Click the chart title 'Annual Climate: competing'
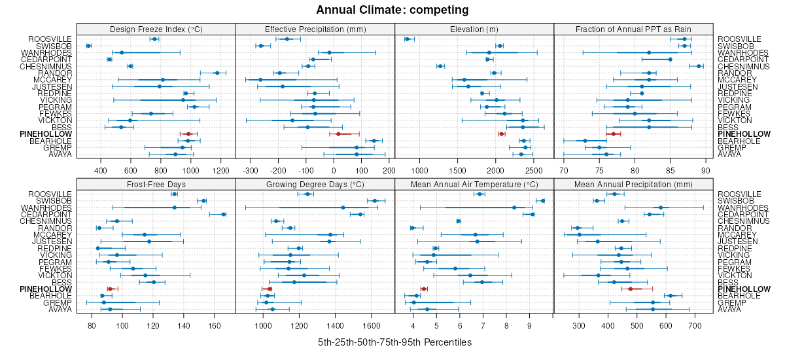392,10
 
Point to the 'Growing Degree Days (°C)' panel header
315,183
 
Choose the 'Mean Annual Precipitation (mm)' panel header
633,183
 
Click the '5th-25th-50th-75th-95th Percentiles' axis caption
394,342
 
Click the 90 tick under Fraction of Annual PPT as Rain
705,170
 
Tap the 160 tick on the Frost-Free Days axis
215,325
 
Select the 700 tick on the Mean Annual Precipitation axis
695,325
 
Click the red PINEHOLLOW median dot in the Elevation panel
502,134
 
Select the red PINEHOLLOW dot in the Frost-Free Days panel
110,289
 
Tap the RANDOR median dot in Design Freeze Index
217,73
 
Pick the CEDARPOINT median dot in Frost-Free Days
223,214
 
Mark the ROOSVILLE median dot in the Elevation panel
407,39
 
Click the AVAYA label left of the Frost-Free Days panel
60,309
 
